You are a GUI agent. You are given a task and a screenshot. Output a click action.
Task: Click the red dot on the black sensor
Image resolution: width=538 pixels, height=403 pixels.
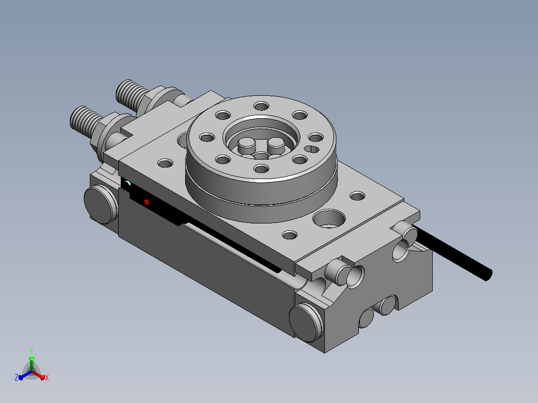click(x=147, y=202)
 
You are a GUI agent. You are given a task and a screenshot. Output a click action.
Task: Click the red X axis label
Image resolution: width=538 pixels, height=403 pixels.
click(x=47, y=378)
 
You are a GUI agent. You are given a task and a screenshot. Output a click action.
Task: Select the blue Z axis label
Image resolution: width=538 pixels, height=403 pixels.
click(x=16, y=378)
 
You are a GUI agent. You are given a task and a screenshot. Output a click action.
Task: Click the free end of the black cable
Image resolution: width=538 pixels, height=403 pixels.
click(x=489, y=275)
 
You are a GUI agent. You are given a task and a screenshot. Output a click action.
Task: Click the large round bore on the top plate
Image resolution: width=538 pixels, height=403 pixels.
click(x=329, y=218)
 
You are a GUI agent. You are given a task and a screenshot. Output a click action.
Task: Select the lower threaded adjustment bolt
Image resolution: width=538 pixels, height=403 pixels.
click(x=86, y=120)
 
